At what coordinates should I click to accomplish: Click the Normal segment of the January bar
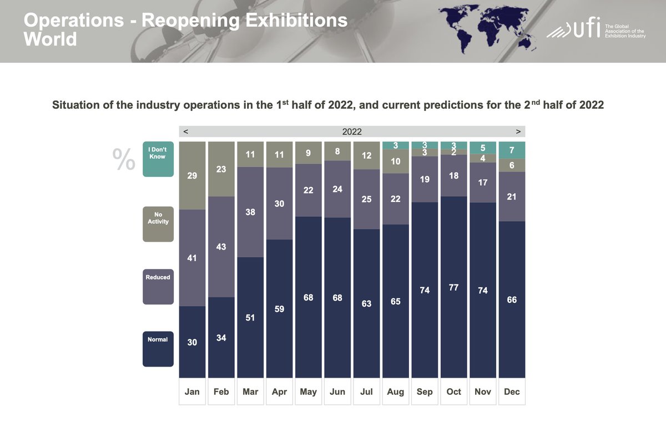192,342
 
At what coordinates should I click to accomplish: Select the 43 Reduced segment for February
221,247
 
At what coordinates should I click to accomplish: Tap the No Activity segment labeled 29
192,175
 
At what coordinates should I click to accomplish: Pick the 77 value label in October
453,288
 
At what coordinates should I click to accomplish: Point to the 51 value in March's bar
250,318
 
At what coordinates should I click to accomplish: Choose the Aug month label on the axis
396,392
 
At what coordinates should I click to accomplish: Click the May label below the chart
308,392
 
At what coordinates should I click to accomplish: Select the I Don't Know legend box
158,159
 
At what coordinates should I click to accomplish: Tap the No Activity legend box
158,224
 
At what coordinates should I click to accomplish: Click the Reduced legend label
158,277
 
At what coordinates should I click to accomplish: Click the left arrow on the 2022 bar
185,132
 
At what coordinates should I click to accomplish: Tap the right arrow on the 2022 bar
518,132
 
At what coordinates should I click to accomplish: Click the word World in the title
51,39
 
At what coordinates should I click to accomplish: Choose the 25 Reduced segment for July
366,199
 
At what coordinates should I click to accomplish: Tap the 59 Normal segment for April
279,308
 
